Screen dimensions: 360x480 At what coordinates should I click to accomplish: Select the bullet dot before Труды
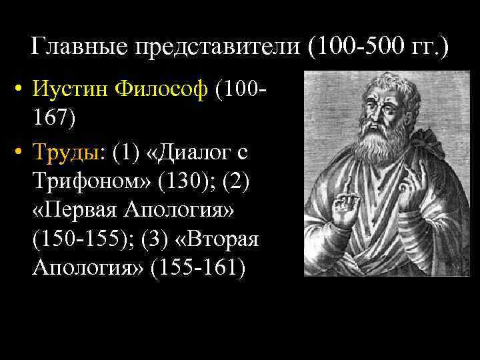(x=22, y=153)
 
